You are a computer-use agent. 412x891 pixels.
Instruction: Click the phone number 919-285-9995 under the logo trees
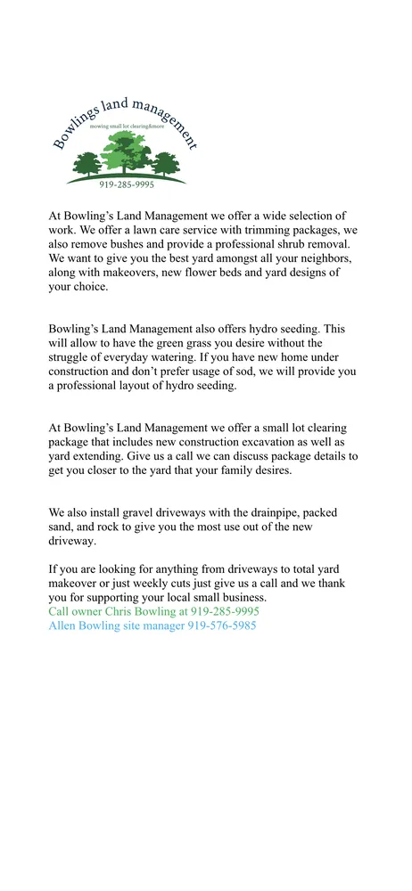click(x=126, y=184)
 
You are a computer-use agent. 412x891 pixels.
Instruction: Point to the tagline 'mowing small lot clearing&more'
click(x=127, y=128)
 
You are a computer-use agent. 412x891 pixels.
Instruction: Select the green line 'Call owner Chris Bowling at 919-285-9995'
click(x=153, y=612)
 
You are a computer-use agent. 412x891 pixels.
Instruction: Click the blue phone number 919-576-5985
click(x=221, y=625)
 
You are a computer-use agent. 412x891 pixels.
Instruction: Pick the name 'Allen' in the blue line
click(x=63, y=625)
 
